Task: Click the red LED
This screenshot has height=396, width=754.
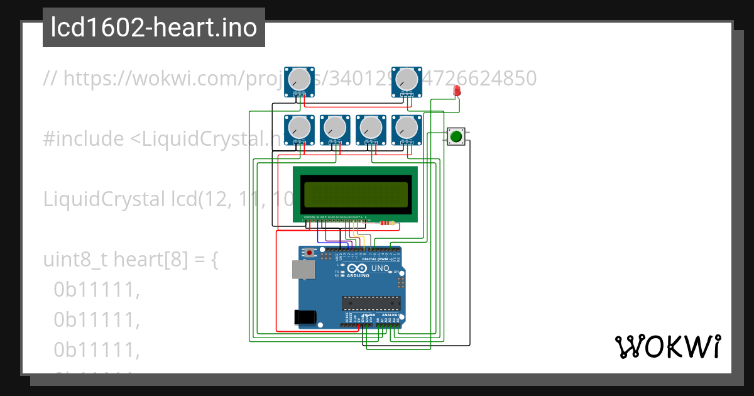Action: point(457,91)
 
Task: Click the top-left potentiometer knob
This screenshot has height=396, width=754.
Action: point(300,80)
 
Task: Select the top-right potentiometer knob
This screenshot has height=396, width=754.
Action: point(407,80)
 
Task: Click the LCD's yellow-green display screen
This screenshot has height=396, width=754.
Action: point(355,195)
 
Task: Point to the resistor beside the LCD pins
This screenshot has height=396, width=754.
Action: point(385,223)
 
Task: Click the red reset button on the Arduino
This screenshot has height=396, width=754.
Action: point(309,252)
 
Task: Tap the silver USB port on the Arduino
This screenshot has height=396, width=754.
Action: point(303,270)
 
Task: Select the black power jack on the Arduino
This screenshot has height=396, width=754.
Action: point(305,317)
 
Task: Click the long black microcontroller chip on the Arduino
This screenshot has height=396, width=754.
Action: point(371,304)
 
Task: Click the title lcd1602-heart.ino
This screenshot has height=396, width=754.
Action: point(154,28)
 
